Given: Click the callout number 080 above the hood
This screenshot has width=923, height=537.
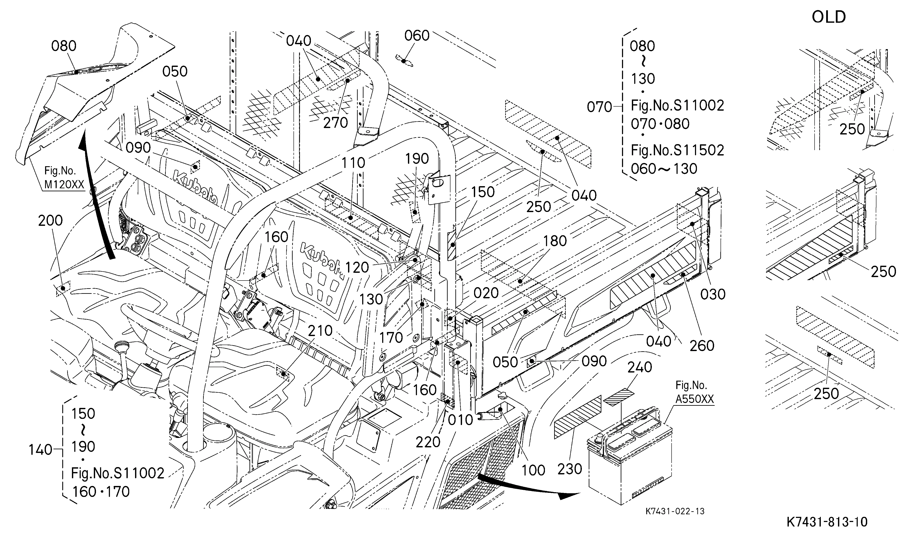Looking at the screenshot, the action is coord(64,46).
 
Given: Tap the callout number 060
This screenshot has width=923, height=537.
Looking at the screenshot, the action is coord(417,36).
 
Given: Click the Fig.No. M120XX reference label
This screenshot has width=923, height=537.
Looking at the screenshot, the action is coord(64,177).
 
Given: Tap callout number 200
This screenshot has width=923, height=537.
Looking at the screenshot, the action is coord(50,221).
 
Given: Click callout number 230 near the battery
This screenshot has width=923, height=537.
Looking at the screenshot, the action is coord(570,469).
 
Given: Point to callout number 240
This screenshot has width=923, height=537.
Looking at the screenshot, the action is coord(640,367).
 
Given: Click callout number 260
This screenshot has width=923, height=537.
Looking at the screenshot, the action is coord(702,346).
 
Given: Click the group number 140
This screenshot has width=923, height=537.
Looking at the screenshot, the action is coord(40,450).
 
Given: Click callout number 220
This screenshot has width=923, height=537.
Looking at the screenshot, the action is coord(428,442).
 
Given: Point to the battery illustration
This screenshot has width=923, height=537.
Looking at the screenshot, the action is coord(630,456).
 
